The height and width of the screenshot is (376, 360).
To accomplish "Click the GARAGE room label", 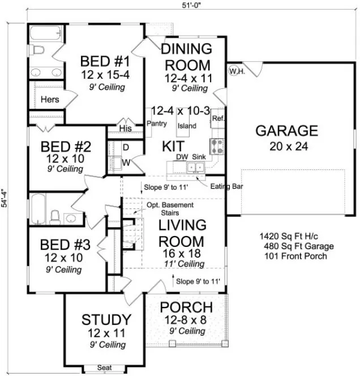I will point(286,131).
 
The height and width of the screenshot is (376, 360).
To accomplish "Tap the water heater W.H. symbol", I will point(235,71).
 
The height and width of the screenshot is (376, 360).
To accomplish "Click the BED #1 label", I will point(105,61).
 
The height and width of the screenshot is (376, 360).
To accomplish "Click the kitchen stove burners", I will point(217,147).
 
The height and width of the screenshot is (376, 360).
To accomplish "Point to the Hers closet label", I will point(50,100).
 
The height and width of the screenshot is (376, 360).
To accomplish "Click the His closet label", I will point(126,129).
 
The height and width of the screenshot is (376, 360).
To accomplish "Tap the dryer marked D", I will point(125,147).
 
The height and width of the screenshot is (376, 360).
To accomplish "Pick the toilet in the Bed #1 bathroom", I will point(38,51).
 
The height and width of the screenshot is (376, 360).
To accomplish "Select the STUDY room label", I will point(106,319).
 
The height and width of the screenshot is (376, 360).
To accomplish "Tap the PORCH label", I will point(186,308).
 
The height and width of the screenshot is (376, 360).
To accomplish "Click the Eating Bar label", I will point(224,186).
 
